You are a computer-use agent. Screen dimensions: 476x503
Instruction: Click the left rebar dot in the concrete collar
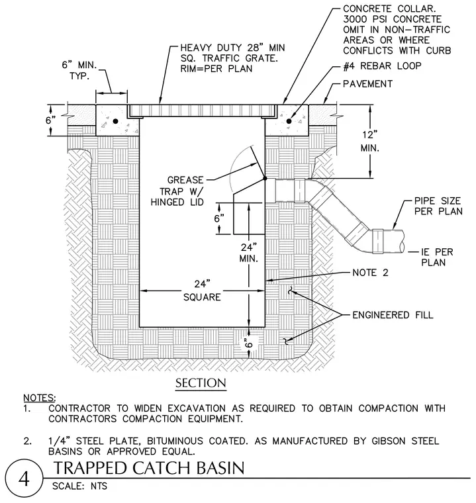(x=116, y=121)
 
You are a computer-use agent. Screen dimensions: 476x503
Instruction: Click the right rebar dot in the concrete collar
(x=289, y=121)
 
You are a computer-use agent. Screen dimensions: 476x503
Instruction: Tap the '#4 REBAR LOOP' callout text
(x=382, y=66)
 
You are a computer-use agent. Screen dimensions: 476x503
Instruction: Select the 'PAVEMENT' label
(x=367, y=84)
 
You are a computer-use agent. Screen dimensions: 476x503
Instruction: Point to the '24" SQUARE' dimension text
(x=202, y=291)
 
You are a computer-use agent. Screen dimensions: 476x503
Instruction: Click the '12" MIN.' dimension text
(x=370, y=141)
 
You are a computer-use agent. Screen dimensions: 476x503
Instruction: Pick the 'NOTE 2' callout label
(x=370, y=273)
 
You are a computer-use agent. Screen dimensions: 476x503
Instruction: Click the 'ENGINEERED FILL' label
(x=393, y=315)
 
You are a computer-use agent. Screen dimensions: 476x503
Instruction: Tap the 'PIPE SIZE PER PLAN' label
(x=438, y=206)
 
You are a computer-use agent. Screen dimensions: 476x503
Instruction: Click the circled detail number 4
(x=24, y=479)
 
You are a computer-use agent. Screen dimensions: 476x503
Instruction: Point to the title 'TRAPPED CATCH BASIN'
(x=149, y=468)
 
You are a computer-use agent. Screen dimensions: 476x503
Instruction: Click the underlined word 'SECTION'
(x=201, y=383)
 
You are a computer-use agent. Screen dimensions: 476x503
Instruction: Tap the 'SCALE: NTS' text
(x=79, y=486)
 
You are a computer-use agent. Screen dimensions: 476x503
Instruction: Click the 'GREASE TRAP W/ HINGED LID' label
(x=177, y=191)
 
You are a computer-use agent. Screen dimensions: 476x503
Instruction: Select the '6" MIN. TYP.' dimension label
(x=79, y=71)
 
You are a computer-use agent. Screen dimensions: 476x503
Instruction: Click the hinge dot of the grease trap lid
(x=265, y=178)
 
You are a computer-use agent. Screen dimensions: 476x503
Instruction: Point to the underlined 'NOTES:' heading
(x=40, y=398)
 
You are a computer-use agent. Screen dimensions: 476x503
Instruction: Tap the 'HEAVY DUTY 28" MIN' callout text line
(x=233, y=48)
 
